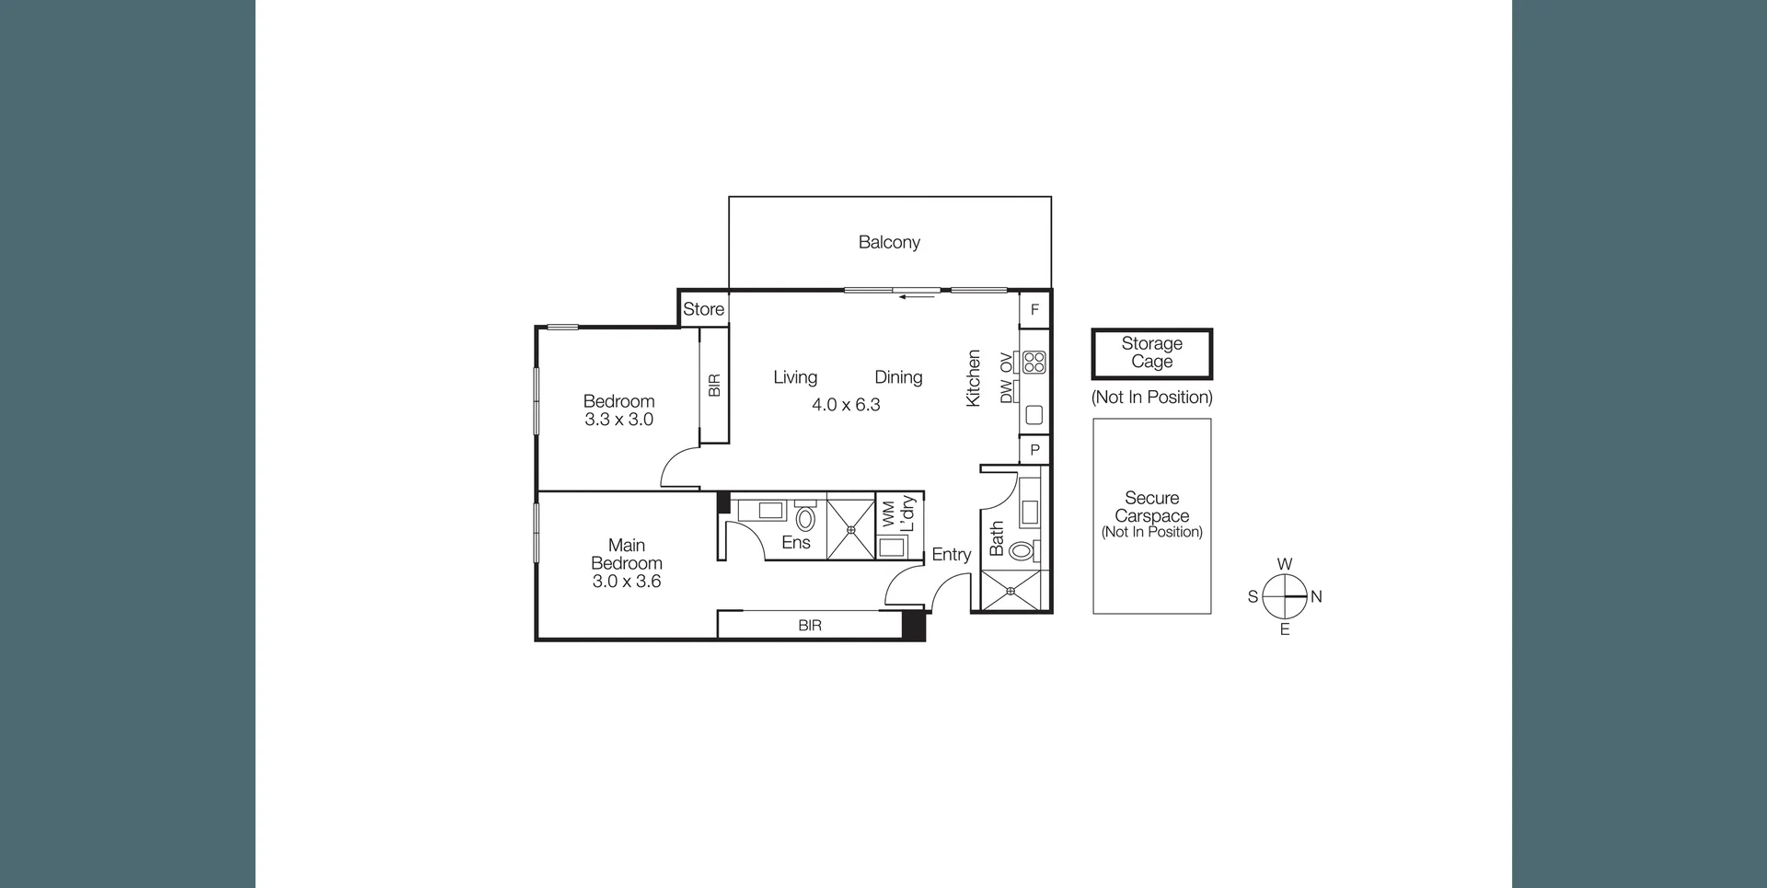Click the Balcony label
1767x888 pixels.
pyautogui.click(x=889, y=242)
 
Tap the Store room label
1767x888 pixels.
pyautogui.click(x=703, y=309)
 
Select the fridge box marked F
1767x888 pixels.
pyautogui.click(x=1034, y=310)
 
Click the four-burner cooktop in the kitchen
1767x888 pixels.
pyautogui.click(x=1034, y=362)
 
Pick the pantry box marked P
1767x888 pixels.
pyautogui.click(x=1034, y=450)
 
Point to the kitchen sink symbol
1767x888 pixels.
pyautogui.click(x=1034, y=415)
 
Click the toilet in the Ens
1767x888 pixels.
pyautogui.click(x=805, y=519)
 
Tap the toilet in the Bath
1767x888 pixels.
pyautogui.click(x=1021, y=552)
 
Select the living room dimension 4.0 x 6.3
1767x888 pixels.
pyautogui.click(x=846, y=405)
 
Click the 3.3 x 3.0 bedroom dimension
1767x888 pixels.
pyautogui.click(x=618, y=420)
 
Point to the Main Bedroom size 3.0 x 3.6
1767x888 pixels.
pyautogui.click(x=626, y=582)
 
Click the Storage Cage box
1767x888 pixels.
pyautogui.click(x=1151, y=353)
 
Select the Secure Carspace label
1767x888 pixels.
pyautogui.click(x=1151, y=507)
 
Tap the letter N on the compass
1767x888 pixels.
pyautogui.click(x=1316, y=596)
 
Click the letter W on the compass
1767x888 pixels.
pyautogui.click(x=1284, y=564)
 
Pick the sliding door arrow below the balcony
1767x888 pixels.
pyautogui.click(x=917, y=297)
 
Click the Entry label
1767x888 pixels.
pyautogui.click(x=951, y=554)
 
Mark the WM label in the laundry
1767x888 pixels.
pyautogui.click(x=888, y=513)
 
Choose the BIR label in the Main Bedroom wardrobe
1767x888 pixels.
pyautogui.click(x=810, y=626)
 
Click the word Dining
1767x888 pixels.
pyautogui.click(x=898, y=377)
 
